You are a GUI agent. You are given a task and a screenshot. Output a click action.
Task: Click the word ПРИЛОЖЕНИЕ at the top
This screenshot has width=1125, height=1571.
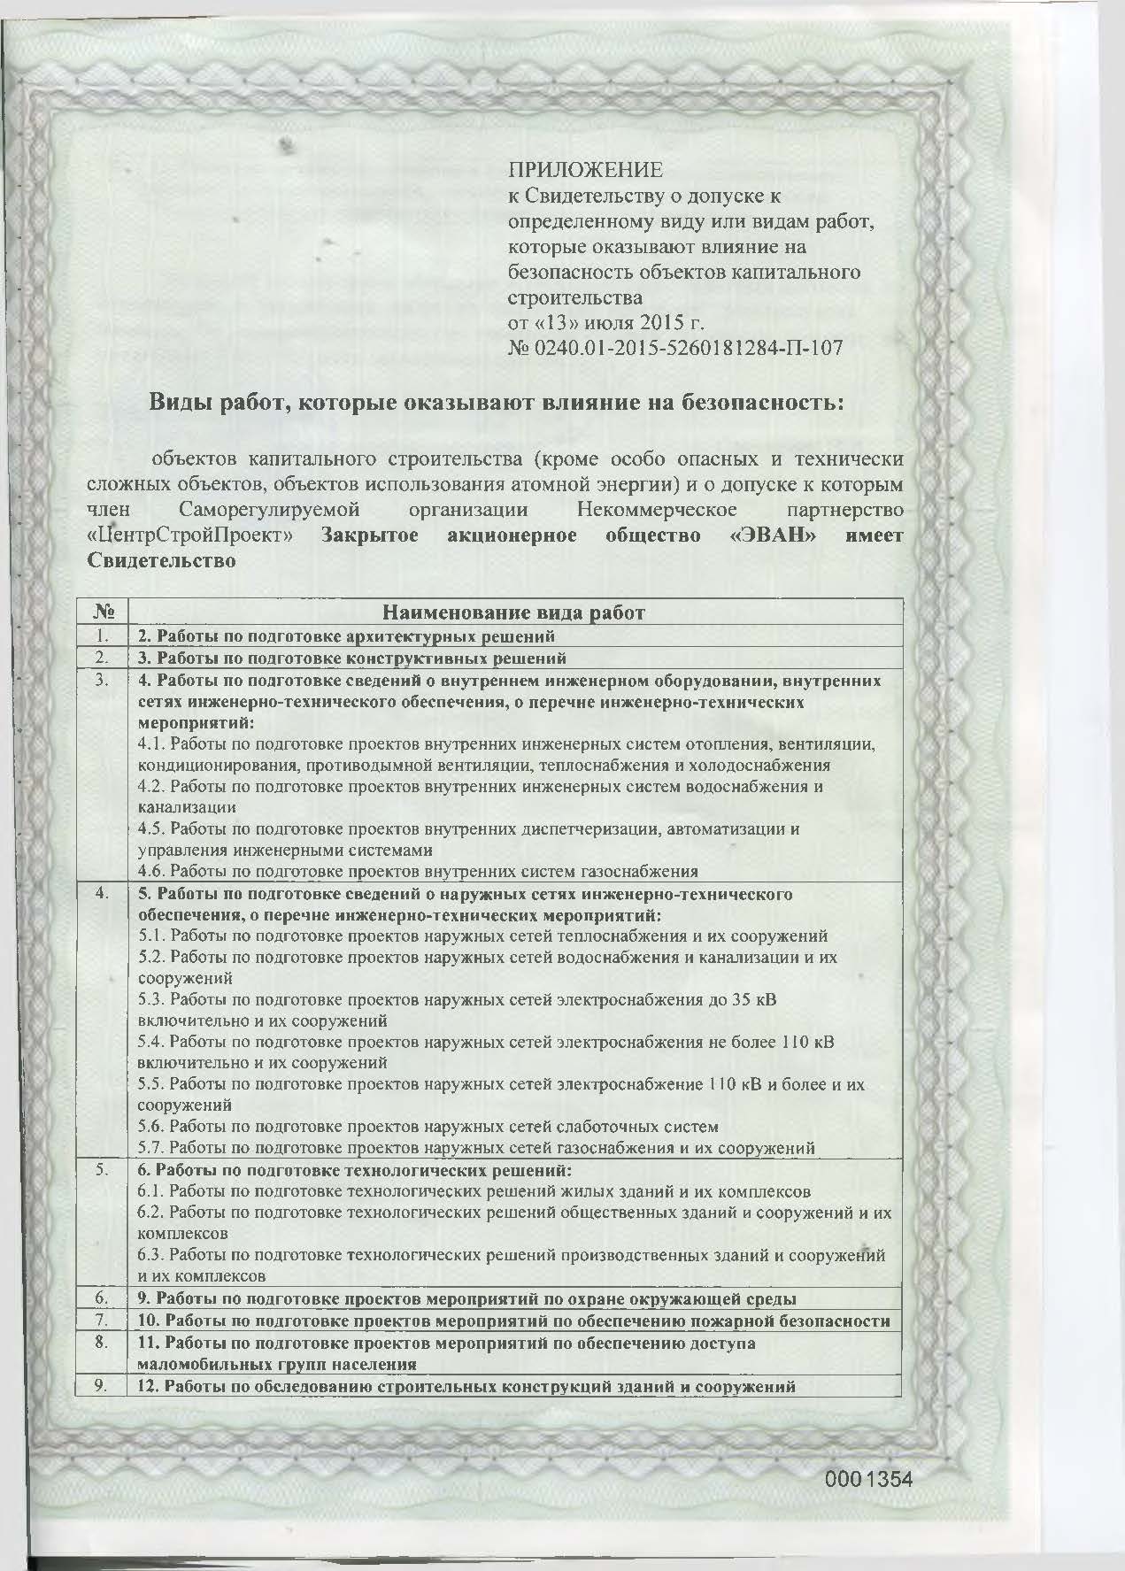pos(585,168)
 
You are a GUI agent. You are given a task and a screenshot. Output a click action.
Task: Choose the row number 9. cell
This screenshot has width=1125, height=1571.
pos(104,1386)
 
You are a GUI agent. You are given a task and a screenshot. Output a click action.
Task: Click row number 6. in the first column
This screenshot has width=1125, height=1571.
pos(104,1298)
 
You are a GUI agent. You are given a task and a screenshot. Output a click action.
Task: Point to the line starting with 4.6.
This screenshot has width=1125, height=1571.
pos(419,871)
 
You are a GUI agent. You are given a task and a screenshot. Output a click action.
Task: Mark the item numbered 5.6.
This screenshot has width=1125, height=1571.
pos(428,1127)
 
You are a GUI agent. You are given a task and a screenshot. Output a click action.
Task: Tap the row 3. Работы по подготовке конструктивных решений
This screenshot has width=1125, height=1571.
pos(351,658)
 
